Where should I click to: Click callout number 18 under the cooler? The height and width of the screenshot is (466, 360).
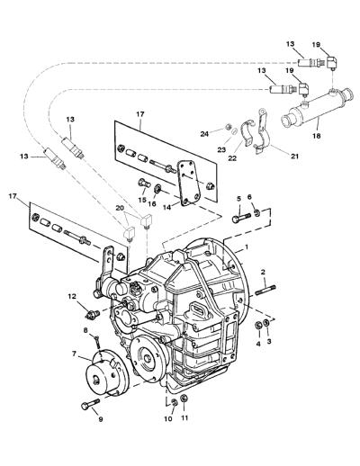(316, 136)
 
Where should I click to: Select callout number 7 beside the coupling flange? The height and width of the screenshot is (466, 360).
(75, 354)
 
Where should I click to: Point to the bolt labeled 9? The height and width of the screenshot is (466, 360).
(90, 404)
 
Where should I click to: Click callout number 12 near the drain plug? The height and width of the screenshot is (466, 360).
(72, 297)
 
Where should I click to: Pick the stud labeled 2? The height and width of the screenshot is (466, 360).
(265, 290)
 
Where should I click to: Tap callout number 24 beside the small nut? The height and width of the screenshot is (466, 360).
(204, 134)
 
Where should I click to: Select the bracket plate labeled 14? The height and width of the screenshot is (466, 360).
(189, 183)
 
